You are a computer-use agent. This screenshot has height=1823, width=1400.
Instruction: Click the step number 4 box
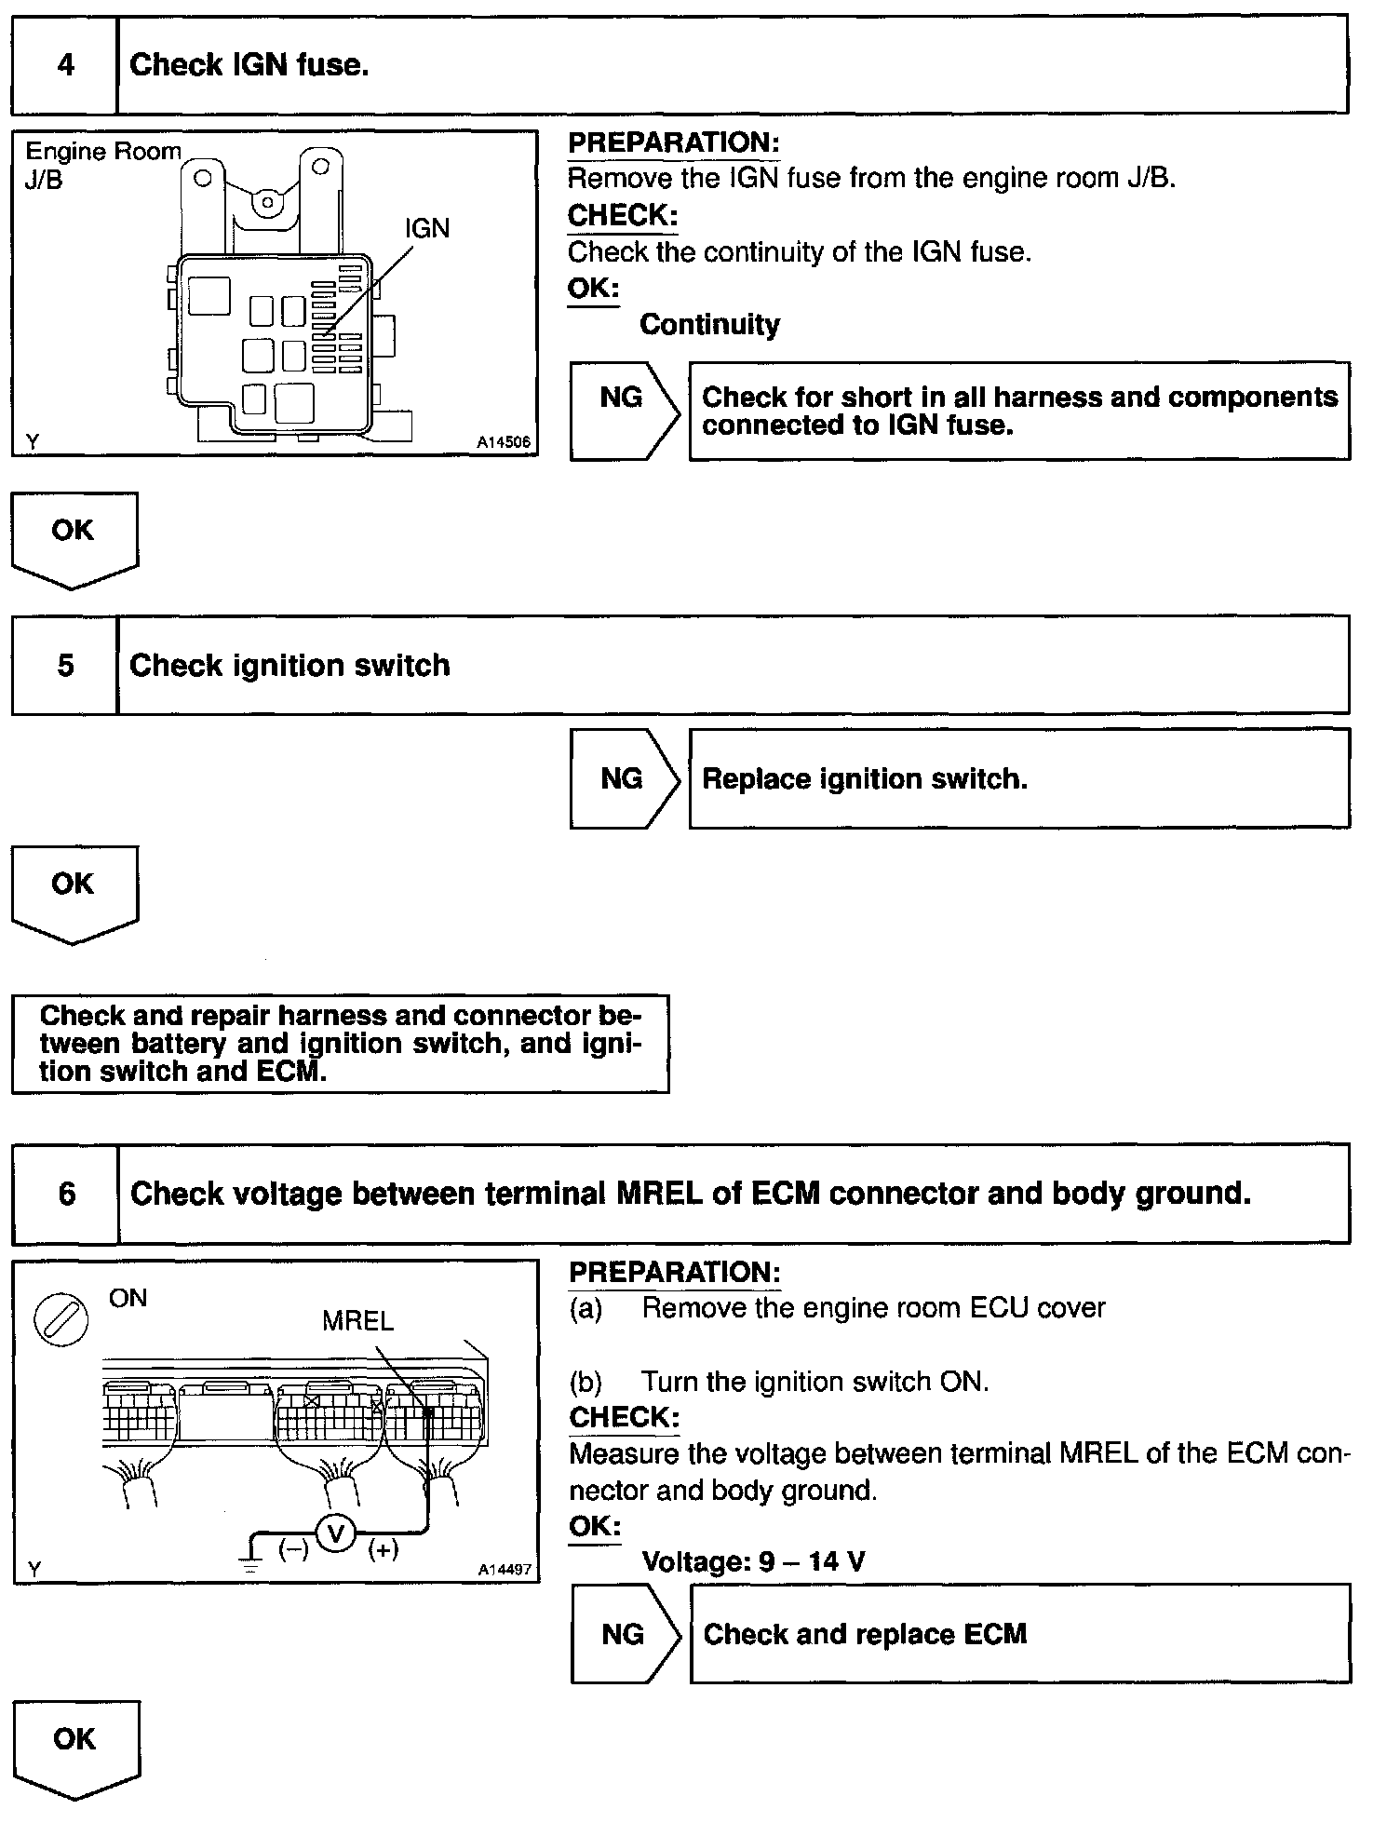[x=65, y=65]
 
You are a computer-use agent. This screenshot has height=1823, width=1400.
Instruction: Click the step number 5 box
[x=65, y=666]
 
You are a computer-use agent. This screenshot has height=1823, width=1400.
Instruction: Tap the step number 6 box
[x=66, y=1194]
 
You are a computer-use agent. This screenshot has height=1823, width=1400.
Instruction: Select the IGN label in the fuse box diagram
[x=426, y=228]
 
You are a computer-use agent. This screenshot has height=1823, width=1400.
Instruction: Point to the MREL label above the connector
[x=357, y=1320]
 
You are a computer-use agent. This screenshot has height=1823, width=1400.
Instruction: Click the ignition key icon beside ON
[x=61, y=1321]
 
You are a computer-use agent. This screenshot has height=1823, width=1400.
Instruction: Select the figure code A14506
[x=504, y=442]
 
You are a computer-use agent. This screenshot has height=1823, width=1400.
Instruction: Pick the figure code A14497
[x=505, y=1570]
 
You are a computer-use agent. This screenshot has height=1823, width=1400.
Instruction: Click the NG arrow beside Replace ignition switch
[x=624, y=778]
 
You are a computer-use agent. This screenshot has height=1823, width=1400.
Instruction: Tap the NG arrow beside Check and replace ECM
[x=625, y=1634]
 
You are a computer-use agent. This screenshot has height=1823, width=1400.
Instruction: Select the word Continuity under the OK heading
[x=709, y=324]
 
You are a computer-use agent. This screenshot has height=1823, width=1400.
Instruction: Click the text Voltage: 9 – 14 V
[x=753, y=1560]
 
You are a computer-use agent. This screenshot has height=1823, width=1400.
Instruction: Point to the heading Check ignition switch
[x=289, y=666]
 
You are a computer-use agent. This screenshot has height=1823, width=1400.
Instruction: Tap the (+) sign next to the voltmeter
[x=384, y=1549]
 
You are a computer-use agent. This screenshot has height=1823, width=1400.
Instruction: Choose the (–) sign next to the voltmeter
[x=293, y=1549]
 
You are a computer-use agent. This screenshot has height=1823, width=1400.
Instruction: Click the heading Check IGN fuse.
[x=249, y=65]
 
